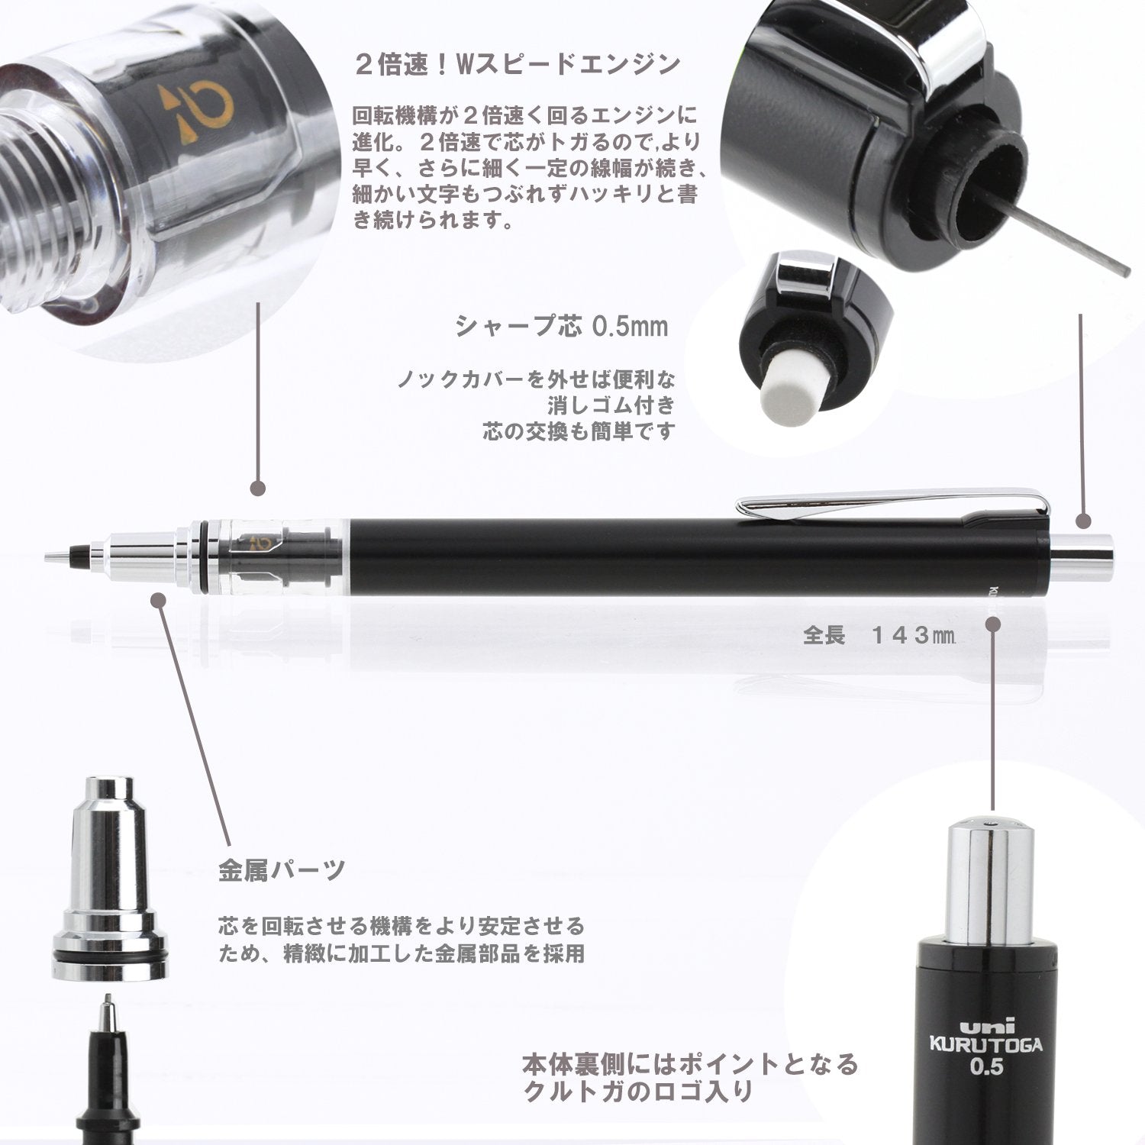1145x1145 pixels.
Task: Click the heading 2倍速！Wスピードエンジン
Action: [518, 64]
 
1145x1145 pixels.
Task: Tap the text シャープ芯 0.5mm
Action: [562, 327]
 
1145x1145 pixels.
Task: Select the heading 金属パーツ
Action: [282, 869]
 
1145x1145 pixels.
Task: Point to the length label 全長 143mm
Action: [878, 635]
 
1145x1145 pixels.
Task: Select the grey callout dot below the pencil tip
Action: [159, 601]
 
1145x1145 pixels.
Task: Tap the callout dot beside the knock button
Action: [1083, 522]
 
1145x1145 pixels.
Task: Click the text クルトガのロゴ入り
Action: [638, 1092]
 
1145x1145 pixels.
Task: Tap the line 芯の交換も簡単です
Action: [579, 432]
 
